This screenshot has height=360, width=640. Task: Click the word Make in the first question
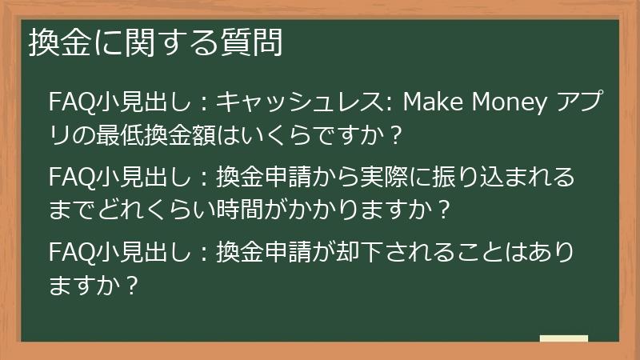[x=430, y=103]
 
